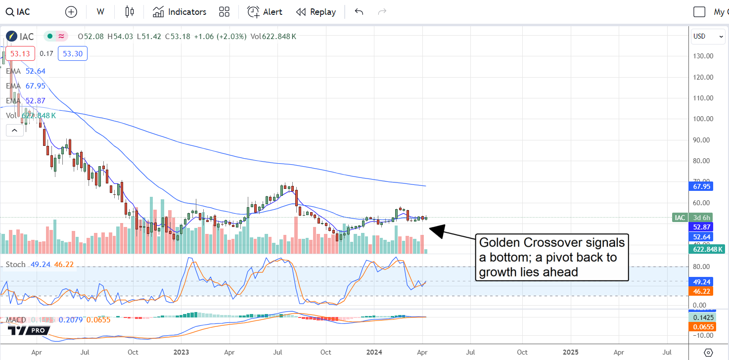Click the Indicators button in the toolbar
[180, 12]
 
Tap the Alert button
[265, 12]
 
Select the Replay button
[316, 12]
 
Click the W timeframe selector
[100, 12]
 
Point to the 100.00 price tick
[703, 119]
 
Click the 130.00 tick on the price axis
[703, 56]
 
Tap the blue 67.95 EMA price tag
[702, 186]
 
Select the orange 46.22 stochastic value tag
[702, 292]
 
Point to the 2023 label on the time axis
[181, 353]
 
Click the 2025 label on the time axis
[570, 353]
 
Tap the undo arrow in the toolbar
[359, 12]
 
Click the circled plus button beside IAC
[71, 12]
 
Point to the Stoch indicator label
[15, 265]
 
